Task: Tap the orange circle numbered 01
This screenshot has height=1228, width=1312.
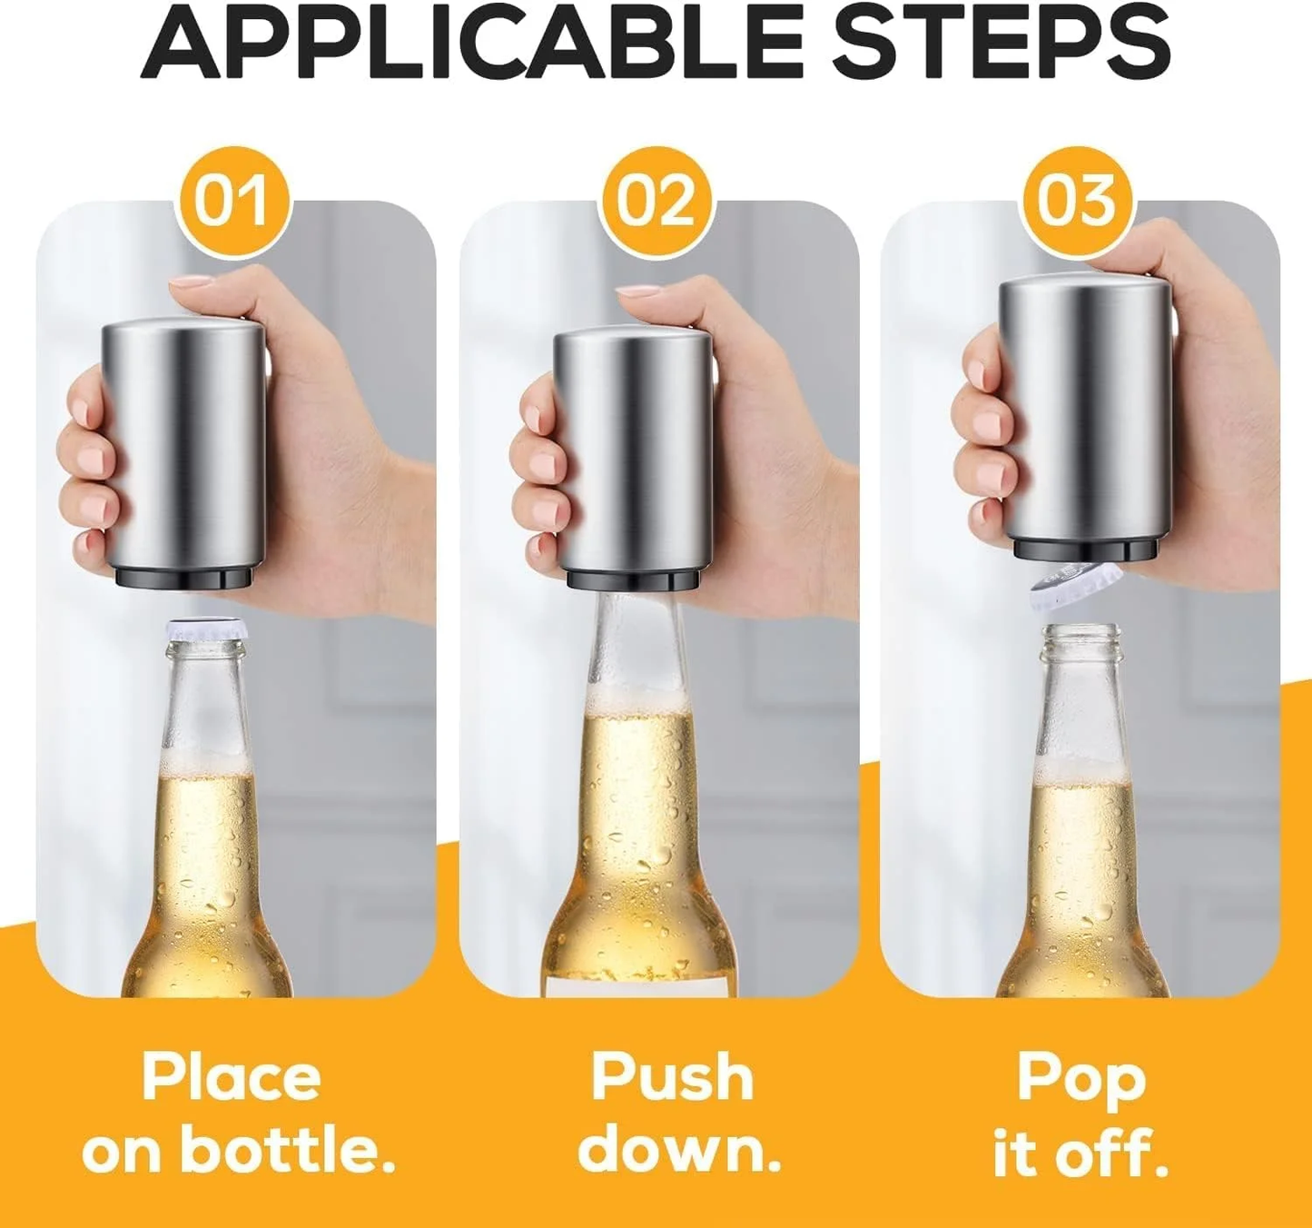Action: pyautogui.click(x=232, y=201)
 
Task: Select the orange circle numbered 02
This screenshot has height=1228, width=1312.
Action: pyautogui.click(x=656, y=201)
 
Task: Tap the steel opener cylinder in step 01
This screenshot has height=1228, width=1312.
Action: pyautogui.click(x=187, y=445)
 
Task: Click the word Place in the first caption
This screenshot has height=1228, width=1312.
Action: pyautogui.click(x=232, y=1077)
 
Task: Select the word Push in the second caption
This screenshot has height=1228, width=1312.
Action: pyautogui.click(x=672, y=1077)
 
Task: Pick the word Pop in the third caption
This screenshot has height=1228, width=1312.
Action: pyautogui.click(x=1081, y=1079)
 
